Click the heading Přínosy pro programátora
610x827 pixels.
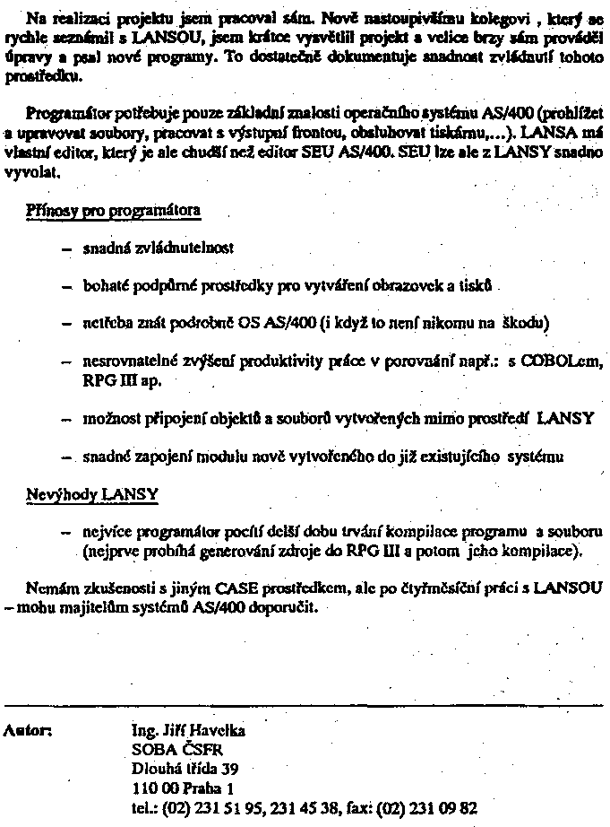(114, 213)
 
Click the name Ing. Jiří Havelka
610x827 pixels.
(187, 730)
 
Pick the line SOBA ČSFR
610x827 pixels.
(167, 749)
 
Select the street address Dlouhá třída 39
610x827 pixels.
(185, 769)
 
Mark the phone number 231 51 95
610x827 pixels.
(229, 807)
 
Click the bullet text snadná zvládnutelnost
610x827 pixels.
(159, 247)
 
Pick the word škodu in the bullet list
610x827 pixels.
(529, 322)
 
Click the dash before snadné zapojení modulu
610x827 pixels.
(65, 457)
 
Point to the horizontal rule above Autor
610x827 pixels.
(305, 706)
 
